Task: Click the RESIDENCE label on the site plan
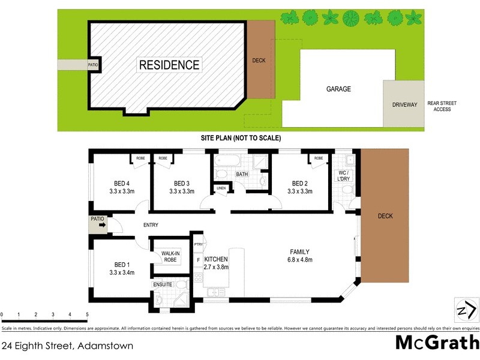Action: [x=169, y=65]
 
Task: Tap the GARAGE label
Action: [x=338, y=89]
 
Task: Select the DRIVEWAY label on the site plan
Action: [x=404, y=104]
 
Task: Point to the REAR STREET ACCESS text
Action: [x=442, y=106]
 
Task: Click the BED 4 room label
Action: [x=122, y=184]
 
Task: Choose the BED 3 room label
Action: [x=182, y=184]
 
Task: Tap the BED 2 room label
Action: [x=300, y=184]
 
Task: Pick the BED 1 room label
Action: [x=122, y=265]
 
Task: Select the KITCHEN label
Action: [x=216, y=259]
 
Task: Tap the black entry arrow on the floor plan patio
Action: [x=102, y=227]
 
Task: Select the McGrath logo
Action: [x=437, y=343]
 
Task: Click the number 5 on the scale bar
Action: [x=87, y=314]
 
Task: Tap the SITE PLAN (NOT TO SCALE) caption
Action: [x=241, y=138]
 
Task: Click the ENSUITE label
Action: [x=163, y=284]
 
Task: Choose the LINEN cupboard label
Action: [x=221, y=188]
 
